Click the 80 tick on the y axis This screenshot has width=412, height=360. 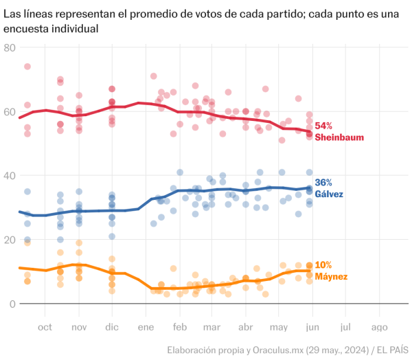pos(10,47)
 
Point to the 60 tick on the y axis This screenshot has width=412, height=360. pos(10,111)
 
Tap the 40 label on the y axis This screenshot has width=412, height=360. pos(10,175)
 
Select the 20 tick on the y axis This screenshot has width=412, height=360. pos(10,240)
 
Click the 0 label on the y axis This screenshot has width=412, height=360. pos(12,304)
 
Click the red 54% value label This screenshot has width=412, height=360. pos(323,126)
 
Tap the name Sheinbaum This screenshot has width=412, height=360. pos(338,137)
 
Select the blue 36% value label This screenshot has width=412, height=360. pos(323,183)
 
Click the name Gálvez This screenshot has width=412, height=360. pos(330,194)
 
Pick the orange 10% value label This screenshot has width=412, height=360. pos(323,265)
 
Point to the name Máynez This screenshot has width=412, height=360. pos(332,276)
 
